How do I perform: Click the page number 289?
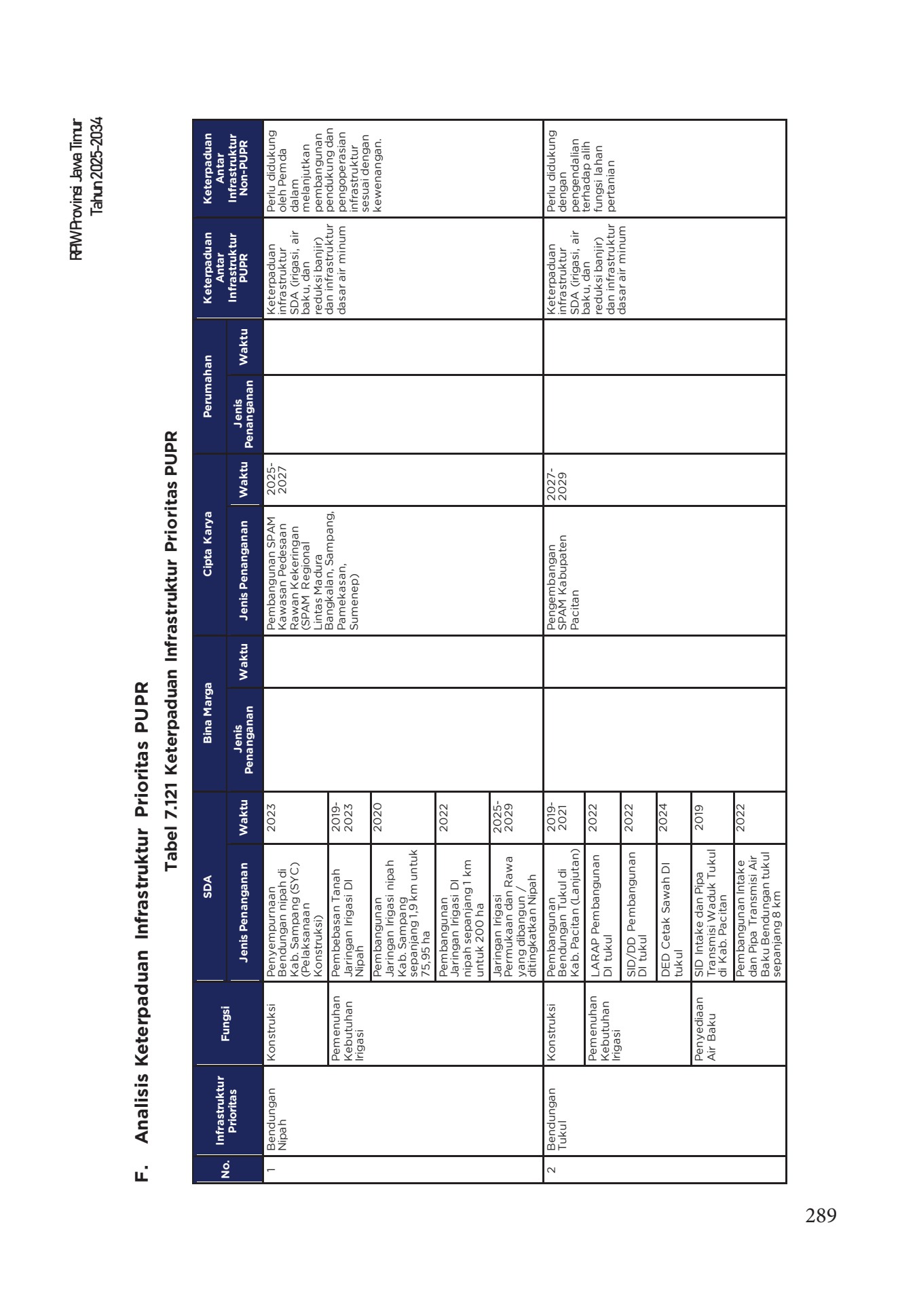pyautogui.click(x=821, y=1215)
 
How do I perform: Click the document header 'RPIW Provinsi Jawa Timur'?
pyautogui.click(x=77, y=191)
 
